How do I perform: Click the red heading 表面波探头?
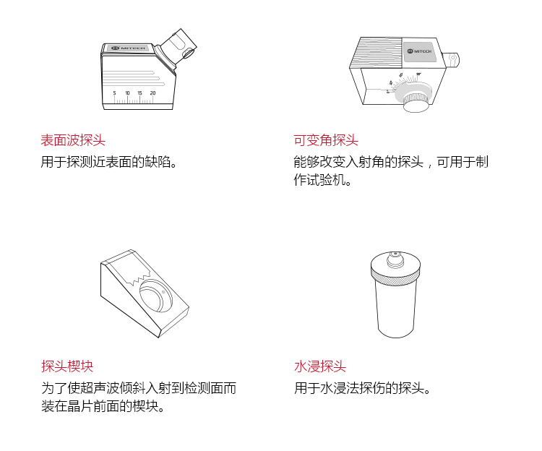coord(73,140)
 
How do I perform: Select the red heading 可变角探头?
coord(326,140)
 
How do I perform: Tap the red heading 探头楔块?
coord(67,366)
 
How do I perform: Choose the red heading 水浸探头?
coord(320,366)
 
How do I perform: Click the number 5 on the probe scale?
coord(114,93)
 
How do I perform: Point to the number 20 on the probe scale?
coord(152,93)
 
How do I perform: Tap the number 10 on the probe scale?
coord(127,93)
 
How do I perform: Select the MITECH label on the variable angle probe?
coord(419,51)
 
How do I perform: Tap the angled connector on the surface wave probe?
coord(178,48)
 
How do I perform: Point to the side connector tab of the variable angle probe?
coord(451,59)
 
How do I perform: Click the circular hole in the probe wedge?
coord(156,296)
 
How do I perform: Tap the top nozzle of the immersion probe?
coord(395,259)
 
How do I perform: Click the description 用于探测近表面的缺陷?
coord(108,162)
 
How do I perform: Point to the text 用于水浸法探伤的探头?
coord(362,387)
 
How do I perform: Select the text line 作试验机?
coord(322,180)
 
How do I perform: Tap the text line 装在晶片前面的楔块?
coord(103,405)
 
